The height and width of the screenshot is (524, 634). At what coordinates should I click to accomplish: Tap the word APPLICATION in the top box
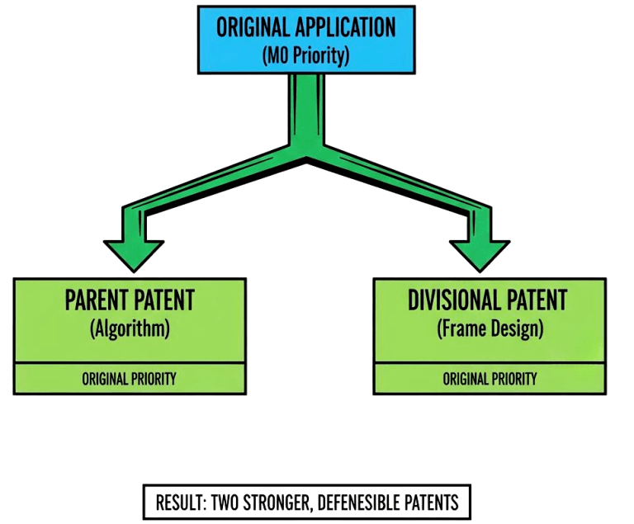[x=344, y=27]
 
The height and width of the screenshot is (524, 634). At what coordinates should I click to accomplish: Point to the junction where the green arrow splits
[x=307, y=153]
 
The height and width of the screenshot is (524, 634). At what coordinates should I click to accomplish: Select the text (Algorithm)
[x=130, y=328]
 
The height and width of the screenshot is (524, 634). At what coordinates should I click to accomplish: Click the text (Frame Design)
[x=490, y=328]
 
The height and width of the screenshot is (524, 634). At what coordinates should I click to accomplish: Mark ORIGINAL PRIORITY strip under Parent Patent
[x=130, y=379]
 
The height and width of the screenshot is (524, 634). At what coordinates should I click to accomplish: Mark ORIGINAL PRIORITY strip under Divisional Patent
[x=490, y=379]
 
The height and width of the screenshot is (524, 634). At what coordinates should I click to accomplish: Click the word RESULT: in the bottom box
[x=181, y=502]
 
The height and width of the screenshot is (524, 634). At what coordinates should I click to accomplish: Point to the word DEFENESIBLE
[x=357, y=502]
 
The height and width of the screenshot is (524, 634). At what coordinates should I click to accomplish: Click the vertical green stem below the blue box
[x=306, y=107]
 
